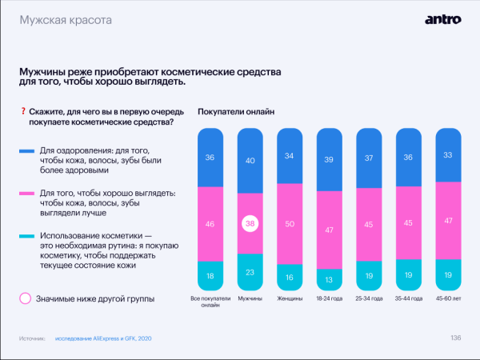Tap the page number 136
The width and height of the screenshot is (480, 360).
click(456, 338)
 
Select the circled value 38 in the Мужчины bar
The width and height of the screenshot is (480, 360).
click(250, 226)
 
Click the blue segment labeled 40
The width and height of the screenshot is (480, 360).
click(250, 160)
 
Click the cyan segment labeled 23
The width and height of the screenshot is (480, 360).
click(250, 271)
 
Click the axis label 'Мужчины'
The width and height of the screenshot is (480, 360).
click(250, 298)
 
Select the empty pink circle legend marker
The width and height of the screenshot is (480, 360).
click(26, 298)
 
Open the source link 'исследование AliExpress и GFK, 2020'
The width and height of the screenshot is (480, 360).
click(103, 338)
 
